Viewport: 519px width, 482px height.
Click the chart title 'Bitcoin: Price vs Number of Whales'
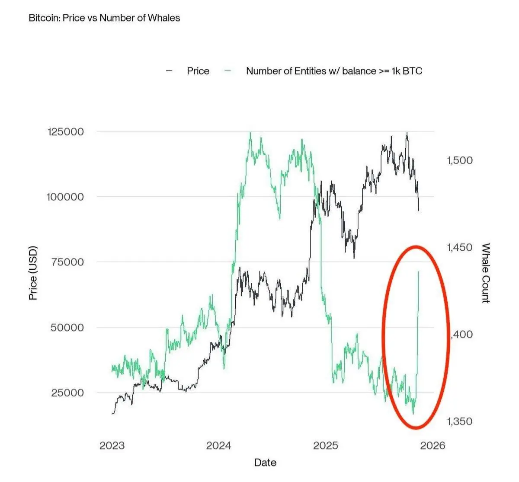point(104,18)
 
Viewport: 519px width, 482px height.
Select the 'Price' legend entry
point(198,71)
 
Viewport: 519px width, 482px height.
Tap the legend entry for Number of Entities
point(334,71)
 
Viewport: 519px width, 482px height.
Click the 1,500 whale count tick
point(459,160)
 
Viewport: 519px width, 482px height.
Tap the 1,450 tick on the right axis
point(459,248)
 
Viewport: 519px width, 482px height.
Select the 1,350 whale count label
point(459,421)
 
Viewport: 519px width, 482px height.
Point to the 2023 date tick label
point(112,446)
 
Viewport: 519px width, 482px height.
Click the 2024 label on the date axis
point(219,446)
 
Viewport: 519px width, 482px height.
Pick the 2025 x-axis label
point(326,446)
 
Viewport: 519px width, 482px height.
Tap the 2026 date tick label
point(432,446)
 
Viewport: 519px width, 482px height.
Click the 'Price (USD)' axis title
point(33,273)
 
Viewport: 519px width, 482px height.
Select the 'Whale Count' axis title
point(486,273)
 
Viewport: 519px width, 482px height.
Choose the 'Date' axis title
point(265,463)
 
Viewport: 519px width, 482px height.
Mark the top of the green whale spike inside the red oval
point(418,271)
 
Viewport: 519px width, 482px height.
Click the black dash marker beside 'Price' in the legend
point(170,71)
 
